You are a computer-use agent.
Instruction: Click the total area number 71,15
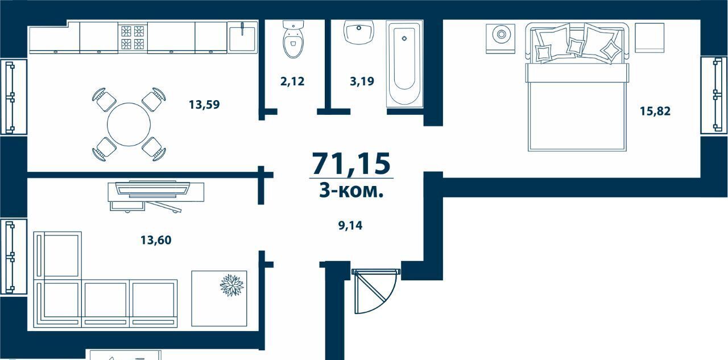pyautogui.click(x=351, y=164)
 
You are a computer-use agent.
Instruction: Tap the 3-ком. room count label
pyautogui.click(x=351, y=191)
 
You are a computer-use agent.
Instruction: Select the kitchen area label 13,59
pyautogui.click(x=204, y=105)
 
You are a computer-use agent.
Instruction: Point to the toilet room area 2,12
pyautogui.click(x=292, y=81)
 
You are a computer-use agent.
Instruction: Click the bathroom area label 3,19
pyautogui.click(x=362, y=81)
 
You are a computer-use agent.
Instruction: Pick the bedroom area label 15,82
pyautogui.click(x=655, y=111)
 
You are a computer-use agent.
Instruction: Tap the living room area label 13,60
pyautogui.click(x=156, y=240)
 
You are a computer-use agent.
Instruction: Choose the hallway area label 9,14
pyautogui.click(x=350, y=225)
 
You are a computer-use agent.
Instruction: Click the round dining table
pyautogui.click(x=129, y=125)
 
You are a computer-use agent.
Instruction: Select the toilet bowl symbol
pyautogui.click(x=293, y=39)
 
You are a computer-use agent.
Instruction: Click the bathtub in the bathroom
pyautogui.click(x=404, y=64)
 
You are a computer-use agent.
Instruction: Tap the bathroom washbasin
pyautogui.click(x=359, y=32)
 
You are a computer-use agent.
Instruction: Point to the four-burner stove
pyautogui.click(x=133, y=38)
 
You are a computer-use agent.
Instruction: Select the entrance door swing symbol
pyautogui.click(x=375, y=291)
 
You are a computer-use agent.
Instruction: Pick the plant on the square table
pyautogui.click(x=231, y=285)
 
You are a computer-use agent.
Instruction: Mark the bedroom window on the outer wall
pyautogui.click(x=714, y=95)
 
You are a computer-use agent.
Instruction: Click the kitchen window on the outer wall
pyautogui.click(x=13, y=97)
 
